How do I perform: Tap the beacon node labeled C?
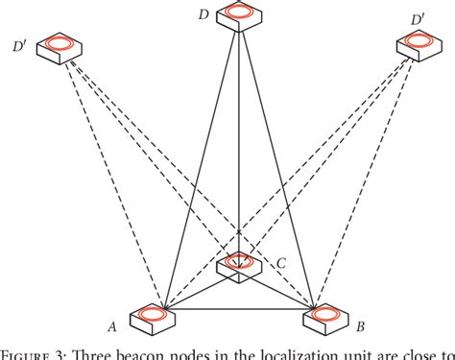(238, 263)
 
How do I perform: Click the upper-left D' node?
(61, 47)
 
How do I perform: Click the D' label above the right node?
(418, 17)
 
